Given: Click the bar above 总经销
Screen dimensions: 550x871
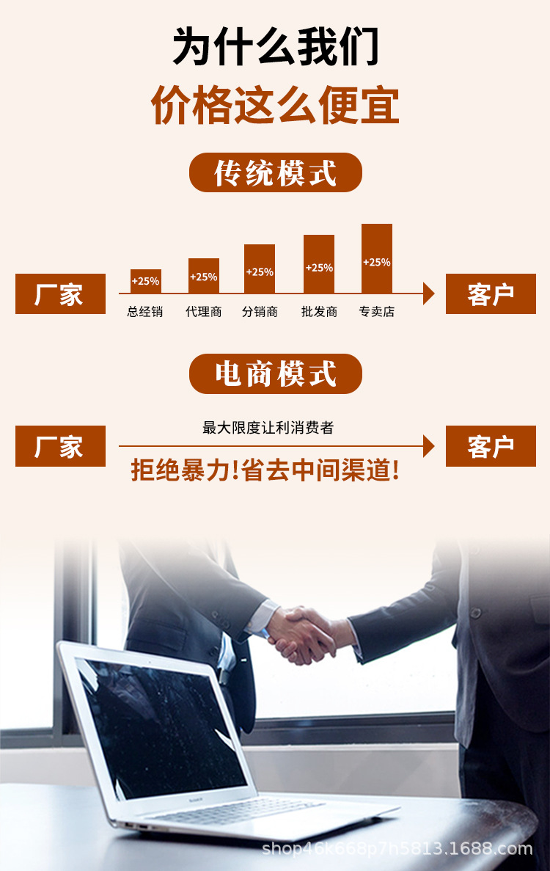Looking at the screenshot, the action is pos(145,281).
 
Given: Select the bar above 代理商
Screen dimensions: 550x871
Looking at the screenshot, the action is pos(204,276).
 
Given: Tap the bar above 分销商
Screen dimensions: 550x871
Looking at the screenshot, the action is pos(260,269).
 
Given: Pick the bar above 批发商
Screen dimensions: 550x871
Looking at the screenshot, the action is pos(319,264).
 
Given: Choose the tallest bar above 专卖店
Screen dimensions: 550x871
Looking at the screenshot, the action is pos(377,258).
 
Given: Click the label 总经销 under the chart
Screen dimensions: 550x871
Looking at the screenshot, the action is pos(145,312).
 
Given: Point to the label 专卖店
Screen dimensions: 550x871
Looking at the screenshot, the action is pos(377,312).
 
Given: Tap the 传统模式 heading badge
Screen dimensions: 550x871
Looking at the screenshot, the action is pos(276,173).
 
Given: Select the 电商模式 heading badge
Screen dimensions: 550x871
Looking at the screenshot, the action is pos(276,373).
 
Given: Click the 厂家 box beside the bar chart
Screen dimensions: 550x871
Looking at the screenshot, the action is pos(60,294).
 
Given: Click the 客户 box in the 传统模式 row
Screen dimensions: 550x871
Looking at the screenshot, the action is pos(491,294).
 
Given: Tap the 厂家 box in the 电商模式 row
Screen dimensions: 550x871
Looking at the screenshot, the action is pos(60,446).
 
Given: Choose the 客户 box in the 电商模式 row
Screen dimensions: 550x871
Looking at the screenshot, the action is pos(491,446).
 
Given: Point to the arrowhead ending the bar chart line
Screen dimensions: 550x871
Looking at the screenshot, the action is pos(429,294).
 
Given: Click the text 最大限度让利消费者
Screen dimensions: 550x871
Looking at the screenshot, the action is pos(268,427).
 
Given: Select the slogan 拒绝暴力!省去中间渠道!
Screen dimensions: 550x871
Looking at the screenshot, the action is pos(265,470).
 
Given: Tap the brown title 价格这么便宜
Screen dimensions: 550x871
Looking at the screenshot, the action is pos(276,105).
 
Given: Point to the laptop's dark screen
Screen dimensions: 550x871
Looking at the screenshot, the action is pos(161,726).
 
